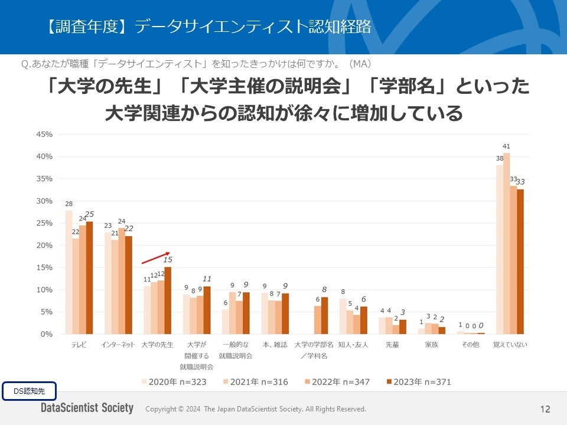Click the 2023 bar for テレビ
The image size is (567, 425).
click(x=89, y=277)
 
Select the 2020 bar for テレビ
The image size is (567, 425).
click(x=69, y=272)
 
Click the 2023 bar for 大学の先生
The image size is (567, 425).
click(x=168, y=300)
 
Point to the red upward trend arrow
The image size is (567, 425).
click(x=155, y=258)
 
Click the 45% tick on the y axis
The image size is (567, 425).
click(x=45, y=135)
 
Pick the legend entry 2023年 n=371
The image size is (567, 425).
click(x=417, y=382)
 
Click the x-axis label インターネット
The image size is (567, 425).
click(x=118, y=345)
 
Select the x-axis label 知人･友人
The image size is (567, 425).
click(x=353, y=345)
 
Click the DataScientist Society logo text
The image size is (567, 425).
click(x=87, y=408)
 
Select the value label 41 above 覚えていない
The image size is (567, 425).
click(x=506, y=146)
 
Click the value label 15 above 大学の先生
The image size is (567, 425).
click(x=168, y=260)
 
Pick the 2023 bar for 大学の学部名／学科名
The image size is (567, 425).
click(x=324, y=315)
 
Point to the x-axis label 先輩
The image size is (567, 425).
click(x=392, y=345)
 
